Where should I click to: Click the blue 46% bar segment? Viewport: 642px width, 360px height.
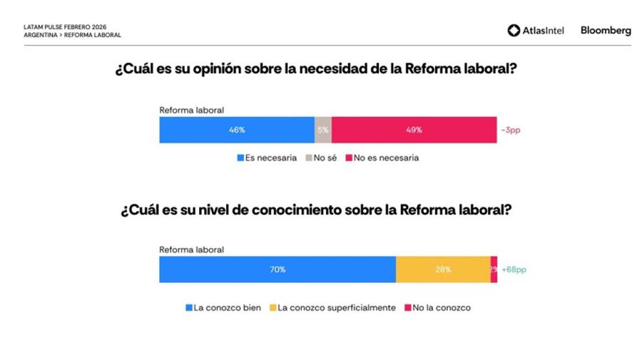[x=236, y=130]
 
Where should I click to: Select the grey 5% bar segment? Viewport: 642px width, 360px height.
[x=322, y=130]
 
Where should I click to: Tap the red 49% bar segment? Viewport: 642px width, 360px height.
[x=414, y=130]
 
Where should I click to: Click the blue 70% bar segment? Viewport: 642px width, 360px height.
[x=277, y=269]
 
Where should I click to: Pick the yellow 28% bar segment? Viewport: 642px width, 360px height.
[x=442, y=269]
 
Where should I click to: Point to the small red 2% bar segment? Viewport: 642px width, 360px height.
[x=494, y=269]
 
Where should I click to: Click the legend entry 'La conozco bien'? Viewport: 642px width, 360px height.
[x=223, y=308]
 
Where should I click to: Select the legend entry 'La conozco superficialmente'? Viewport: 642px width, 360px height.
[x=332, y=308]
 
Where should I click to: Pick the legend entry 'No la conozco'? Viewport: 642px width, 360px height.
[x=437, y=308]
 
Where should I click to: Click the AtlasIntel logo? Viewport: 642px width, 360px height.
[x=537, y=31]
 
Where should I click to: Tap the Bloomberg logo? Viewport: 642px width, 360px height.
[x=606, y=31]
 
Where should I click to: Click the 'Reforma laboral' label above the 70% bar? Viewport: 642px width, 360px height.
[x=191, y=250]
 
